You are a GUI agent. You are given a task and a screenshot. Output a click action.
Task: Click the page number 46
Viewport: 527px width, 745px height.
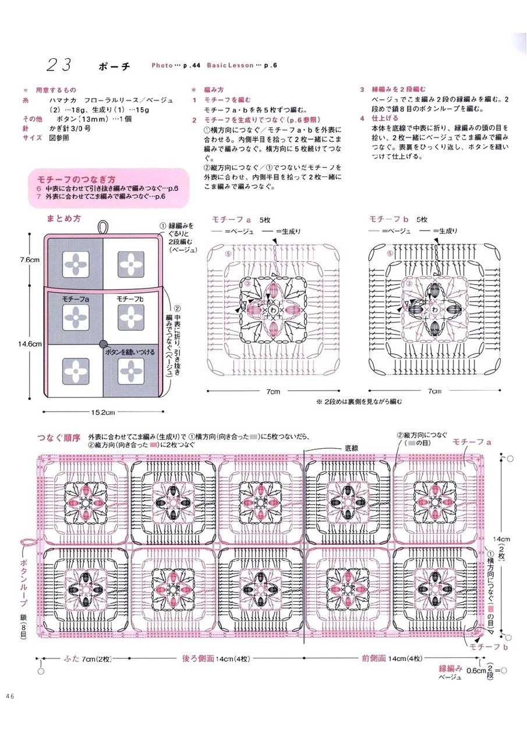click(x=11, y=697)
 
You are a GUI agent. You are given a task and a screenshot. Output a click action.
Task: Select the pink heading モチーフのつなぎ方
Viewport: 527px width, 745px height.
click(x=76, y=179)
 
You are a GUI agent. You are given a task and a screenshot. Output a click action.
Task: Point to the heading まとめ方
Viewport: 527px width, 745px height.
click(x=63, y=219)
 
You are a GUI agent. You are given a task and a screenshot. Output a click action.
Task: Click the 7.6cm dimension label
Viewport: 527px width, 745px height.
click(x=29, y=260)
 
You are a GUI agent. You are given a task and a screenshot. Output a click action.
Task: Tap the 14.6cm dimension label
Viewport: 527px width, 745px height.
click(x=30, y=344)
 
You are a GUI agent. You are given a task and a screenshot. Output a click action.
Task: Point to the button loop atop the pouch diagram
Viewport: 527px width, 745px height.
click(x=103, y=226)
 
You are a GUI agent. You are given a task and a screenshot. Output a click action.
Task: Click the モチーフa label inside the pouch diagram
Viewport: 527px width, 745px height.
click(x=75, y=299)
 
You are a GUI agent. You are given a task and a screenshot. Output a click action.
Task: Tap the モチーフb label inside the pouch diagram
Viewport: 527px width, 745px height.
click(x=130, y=299)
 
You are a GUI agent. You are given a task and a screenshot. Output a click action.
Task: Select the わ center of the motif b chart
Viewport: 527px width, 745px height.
click(x=434, y=310)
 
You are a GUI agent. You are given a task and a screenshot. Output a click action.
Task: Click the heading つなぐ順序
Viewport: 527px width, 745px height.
click(x=58, y=437)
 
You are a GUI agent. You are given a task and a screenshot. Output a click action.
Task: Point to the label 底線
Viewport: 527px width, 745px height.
click(x=352, y=448)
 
